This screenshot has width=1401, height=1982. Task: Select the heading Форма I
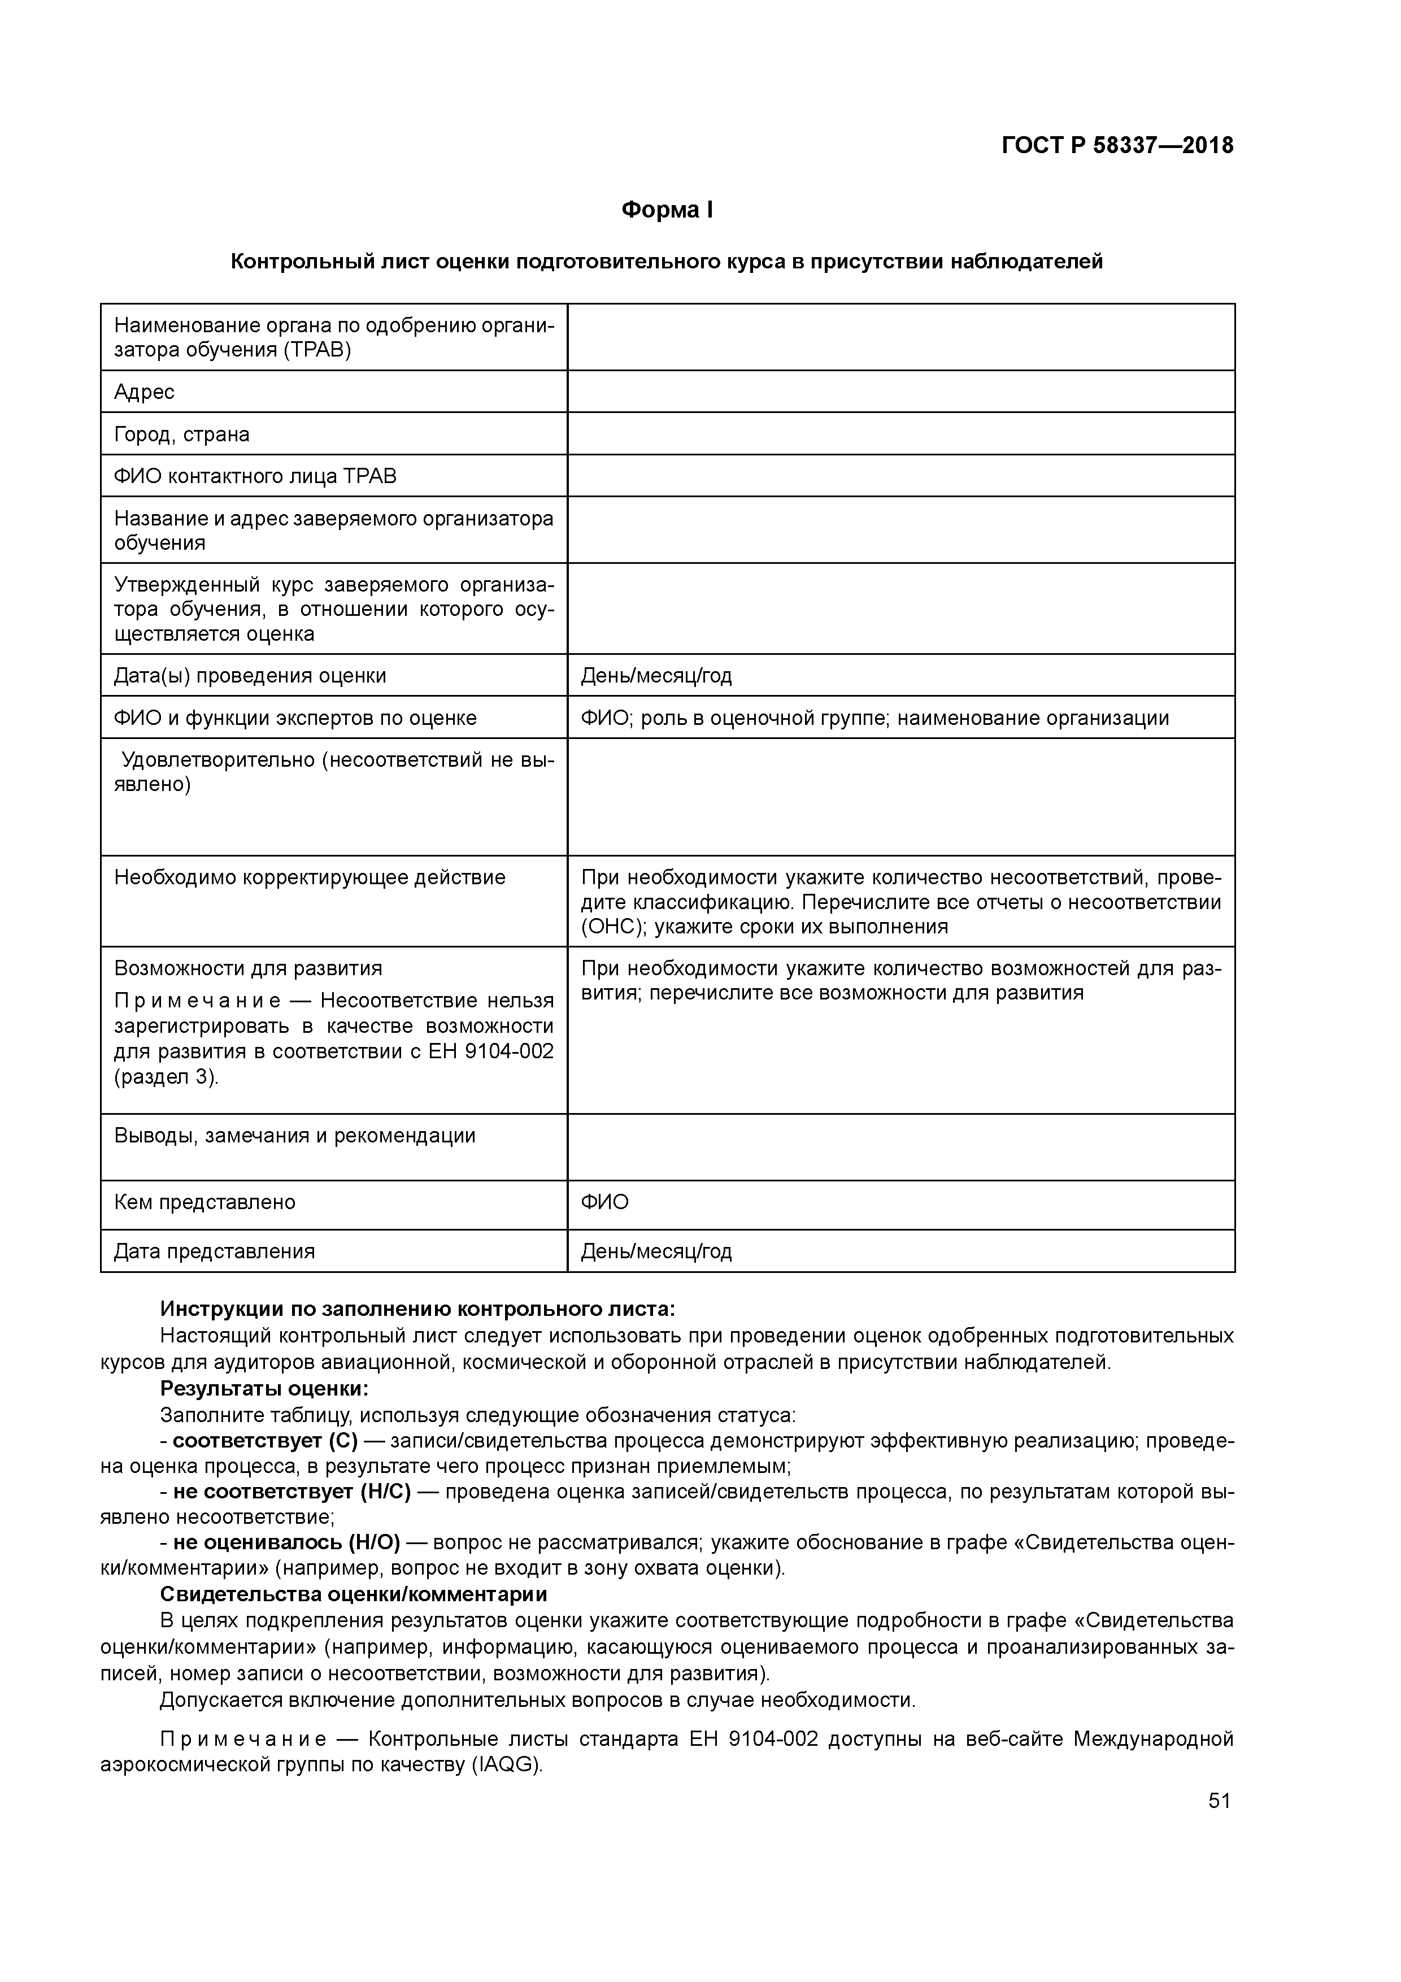[x=667, y=210]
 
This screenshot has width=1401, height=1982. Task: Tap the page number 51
[x=1219, y=1800]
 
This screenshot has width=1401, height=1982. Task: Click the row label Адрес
[x=144, y=392]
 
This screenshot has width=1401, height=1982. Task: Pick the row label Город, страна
[x=181, y=434]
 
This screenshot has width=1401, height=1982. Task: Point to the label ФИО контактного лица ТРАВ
[x=255, y=476]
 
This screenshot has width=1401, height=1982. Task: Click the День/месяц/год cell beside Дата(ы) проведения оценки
[x=656, y=675]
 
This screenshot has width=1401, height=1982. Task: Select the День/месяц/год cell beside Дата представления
[x=656, y=1251]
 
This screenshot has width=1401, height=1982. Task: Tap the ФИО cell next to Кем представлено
[x=604, y=1202]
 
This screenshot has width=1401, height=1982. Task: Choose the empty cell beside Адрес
[x=900, y=392]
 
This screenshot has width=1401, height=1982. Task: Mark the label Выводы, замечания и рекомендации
[x=294, y=1135]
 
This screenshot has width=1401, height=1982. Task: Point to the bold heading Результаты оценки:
[x=264, y=1389]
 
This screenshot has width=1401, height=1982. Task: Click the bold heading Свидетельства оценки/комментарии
[x=353, y=1593]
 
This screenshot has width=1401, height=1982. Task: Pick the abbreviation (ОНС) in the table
[x=613, y=926]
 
